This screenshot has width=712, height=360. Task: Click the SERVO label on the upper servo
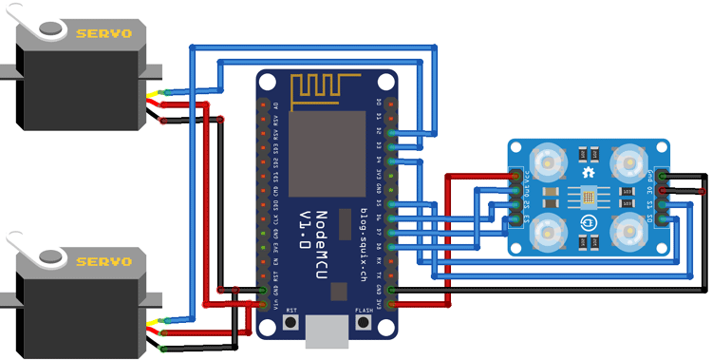point(98,33)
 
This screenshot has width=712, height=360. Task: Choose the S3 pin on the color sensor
point(515,219)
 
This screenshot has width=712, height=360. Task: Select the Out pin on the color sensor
point(515,190)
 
